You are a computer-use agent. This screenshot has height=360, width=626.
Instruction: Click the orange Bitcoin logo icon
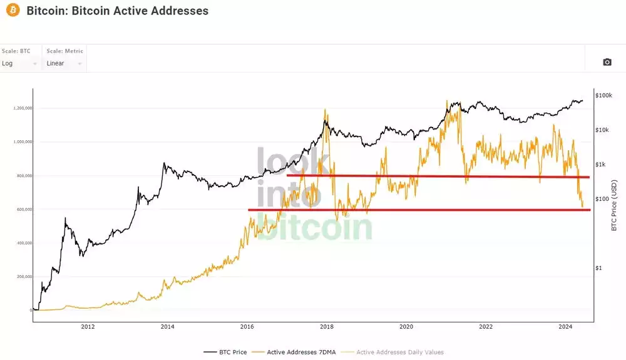(x=12, y=11)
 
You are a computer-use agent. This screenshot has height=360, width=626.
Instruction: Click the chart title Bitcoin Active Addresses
(x=118, y=11)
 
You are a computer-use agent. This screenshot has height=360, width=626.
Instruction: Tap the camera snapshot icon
(x=607, y=62)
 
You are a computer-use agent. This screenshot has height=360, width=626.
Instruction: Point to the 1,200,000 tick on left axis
(x=22, y=108)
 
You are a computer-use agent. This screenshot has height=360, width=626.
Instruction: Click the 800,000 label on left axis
(x=23, y=176)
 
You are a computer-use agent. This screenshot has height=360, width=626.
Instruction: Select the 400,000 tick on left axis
(x=23, y=243)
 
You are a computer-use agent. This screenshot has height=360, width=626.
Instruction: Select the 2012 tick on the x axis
(x=88, y=326)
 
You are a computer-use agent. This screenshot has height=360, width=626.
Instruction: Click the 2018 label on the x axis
(x=326, y=326)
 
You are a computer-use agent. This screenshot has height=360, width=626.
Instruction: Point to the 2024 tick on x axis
(x=565, y=326)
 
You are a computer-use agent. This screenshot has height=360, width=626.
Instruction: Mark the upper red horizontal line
(x=438, y=177)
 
